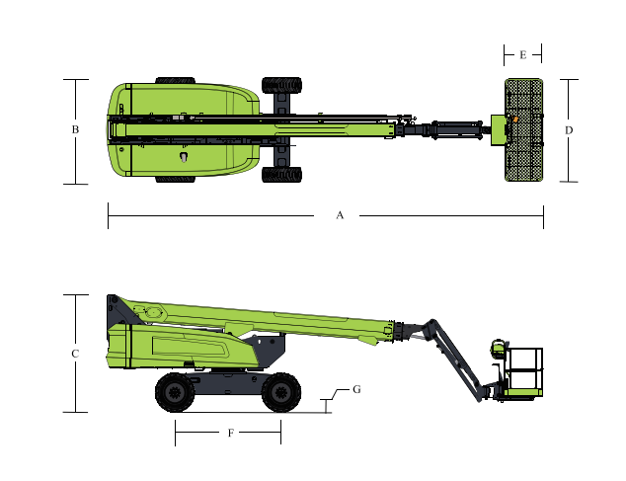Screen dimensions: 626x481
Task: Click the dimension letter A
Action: pyautogui.click(x=340, y=215)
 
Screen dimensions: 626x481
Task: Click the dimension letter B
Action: pyautogui.click(x=75, y=129)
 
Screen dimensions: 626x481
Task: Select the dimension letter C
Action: pyautogui.click(x=75, y=354)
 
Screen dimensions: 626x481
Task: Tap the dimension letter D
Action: pyautogui.click(x=569, y=130)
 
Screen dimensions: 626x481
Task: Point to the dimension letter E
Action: pyautogui.click(x=523, y=54)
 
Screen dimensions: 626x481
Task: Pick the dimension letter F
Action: pyautogui.click(x=230, y=433)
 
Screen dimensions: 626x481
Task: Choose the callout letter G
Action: pyautogui.click(x=356, y=389)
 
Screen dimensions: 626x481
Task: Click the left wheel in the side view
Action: pyautogui.click(x=175, y=392)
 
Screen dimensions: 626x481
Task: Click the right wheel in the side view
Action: pyautogui.click(x=281, y=392)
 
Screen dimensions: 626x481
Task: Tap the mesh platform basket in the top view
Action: pyautogui.click(x=523, y=129)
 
